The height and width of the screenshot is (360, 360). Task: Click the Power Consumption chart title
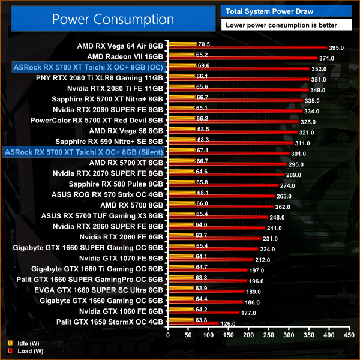(112, 19)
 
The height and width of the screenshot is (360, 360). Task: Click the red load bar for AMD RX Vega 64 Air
(247, 47)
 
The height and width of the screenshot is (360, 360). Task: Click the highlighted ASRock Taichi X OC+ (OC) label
(83, 67)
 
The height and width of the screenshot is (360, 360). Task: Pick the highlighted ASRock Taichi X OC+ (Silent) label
(83, 152)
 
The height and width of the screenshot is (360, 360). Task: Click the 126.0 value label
(229, 324)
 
